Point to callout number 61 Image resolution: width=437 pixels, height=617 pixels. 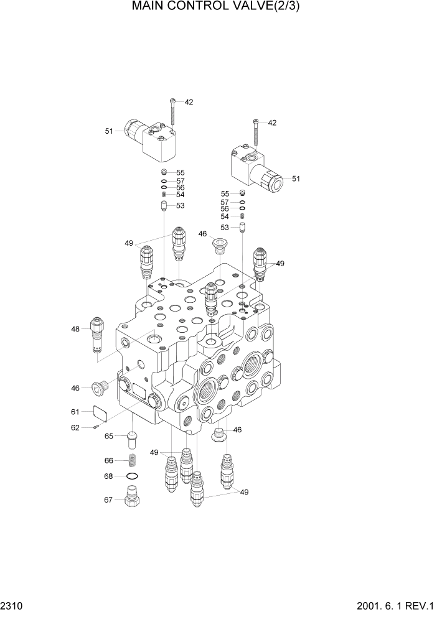[75, 411]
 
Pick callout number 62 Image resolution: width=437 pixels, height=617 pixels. [75, 427]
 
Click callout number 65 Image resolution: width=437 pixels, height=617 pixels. [109, 436]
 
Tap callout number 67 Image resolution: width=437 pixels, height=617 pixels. [109, 499]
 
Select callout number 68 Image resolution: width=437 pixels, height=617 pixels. [109, 476]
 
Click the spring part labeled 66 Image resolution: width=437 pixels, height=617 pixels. [132, 461]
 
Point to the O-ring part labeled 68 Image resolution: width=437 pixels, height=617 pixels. [132, 476]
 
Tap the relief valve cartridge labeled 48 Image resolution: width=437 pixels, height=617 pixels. [98, 336]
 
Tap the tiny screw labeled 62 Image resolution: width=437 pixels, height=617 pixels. [95, 427]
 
